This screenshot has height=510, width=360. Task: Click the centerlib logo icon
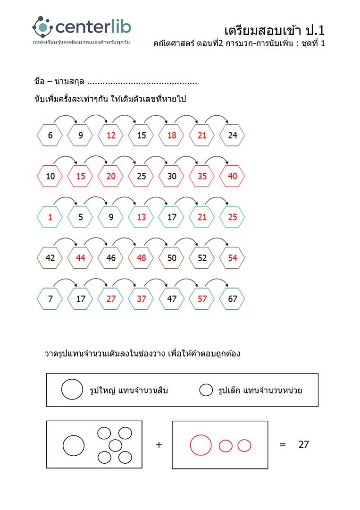42,26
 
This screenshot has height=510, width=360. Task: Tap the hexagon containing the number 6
50,136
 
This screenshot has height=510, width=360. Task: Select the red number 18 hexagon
172,136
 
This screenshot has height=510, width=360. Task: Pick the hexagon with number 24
232,136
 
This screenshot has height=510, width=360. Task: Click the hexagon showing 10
50,177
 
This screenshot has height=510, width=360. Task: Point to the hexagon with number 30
172,177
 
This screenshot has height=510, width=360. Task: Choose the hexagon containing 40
232,177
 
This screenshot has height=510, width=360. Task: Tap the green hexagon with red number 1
50,217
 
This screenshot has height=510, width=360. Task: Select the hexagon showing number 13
142,217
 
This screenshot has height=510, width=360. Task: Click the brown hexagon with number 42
50,258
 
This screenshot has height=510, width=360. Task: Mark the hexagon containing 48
142,258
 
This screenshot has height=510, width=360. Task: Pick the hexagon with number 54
232,258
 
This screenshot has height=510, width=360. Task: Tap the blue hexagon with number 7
50,299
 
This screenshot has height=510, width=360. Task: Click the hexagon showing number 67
232,299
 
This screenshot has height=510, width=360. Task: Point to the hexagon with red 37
142,299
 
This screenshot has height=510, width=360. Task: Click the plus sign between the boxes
159,445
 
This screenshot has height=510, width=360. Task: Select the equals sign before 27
283,445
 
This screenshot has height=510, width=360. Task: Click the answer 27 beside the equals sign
304,444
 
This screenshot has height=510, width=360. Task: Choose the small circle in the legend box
206,390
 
